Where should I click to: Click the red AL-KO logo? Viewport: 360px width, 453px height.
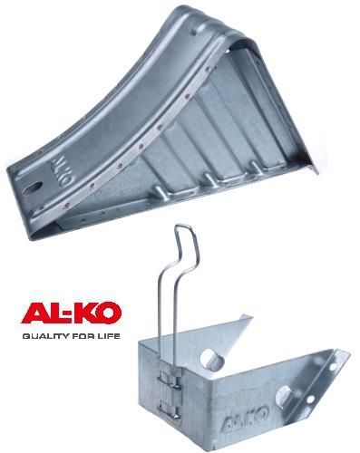[x=72, y=313]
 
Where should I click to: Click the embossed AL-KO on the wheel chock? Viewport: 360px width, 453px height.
[x=60, y=171]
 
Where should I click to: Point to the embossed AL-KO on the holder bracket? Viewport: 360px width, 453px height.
[x=245, y=417]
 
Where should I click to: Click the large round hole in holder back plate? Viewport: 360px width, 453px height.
[x=211, y=358]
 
